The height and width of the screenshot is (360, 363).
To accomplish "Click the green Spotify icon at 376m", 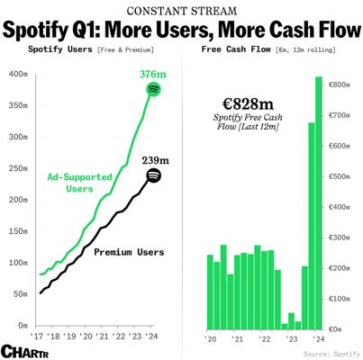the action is (x=153, y=89).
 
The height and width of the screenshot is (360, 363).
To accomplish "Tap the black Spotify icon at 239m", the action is (x=153, y=175).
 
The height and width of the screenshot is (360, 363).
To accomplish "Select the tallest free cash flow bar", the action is (x=319, y=203).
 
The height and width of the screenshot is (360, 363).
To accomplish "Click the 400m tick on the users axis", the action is (x=19, y=74).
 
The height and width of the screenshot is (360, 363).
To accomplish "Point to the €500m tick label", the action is (x=340, y=176).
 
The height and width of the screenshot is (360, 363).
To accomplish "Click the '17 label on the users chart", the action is (x=37, y=336).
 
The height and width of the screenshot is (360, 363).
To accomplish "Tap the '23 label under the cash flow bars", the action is (x=291, y=338).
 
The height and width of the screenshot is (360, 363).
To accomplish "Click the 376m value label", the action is (x=153, y=74).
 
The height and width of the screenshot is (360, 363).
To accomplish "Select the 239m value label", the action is (x=156, y=160).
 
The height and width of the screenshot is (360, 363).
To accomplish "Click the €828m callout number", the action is (x=248, y=104).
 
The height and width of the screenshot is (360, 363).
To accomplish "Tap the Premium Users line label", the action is (x=129, y=252).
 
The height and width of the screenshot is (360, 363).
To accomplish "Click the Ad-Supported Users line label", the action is (x=79, y=183).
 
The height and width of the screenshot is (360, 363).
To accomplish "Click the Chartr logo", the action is (x=24, y=351).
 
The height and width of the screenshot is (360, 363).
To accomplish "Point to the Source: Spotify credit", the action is (x=331, y=354).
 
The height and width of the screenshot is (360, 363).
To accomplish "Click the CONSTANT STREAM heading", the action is (x=182, y=11).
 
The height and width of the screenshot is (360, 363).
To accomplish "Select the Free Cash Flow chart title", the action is (x=236, y=49).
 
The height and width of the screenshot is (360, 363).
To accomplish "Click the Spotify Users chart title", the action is (x=60, y=49).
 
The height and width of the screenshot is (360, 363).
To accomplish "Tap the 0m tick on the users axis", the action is (x=23, y=326).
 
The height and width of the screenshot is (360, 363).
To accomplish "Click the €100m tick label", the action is (x=340, y=299).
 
